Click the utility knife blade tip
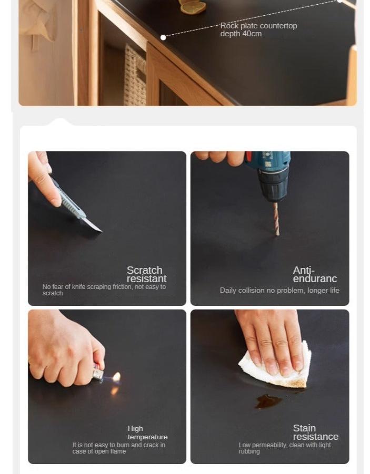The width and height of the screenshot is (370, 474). (x=102, y=232)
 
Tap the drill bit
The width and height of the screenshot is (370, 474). (x=276, y=219)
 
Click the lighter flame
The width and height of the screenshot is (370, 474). (x=116, y=377)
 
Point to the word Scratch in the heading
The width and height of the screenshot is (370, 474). (x=144, y=270)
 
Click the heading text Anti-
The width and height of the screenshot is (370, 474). (x=304, y=270)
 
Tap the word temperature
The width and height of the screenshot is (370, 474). (x=147, y=437)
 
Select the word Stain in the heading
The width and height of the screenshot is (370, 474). (x=304, y=428)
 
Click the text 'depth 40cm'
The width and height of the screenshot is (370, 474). (x=241, y=34)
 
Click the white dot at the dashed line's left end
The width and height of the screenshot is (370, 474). (x=163, y=37)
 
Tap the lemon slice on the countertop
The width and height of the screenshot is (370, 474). (x=193, y=7)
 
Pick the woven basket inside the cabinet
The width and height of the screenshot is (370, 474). (x=135, y=75)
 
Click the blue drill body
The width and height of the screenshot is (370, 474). (x=269, y=176)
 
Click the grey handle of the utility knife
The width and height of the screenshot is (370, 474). (x=69, y=200)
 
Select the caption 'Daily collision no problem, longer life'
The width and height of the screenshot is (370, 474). (x=279, y=291)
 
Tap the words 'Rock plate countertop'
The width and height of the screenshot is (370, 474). (x=258, y=26)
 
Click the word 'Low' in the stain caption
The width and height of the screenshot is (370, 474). (x=245, y=445)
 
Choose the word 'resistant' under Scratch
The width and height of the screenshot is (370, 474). (x=146, y=279)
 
